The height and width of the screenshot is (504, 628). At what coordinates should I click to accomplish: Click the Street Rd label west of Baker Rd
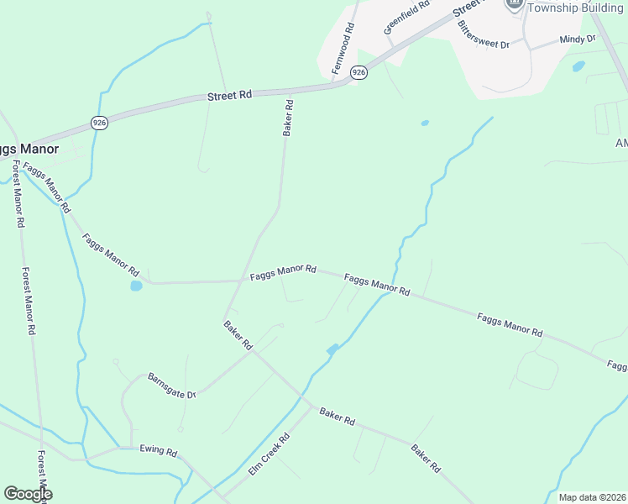pyautogui.click(x=229, y=96)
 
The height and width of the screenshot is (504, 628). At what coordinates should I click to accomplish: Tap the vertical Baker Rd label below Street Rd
pyautogui.click(x=287, y=118)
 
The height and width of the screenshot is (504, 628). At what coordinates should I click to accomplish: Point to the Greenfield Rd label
pyautogui.click(x=406, y=17)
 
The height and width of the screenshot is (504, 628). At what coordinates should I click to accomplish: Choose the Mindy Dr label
pyautogui.click(x=577, y=39)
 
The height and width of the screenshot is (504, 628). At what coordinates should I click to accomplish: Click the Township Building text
pyautogui.click(x=577, y=7)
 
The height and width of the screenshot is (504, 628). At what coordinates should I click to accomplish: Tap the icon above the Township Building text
pyautogui.click(x=514, y=4)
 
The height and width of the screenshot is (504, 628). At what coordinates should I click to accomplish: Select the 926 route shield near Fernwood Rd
pyautogui.click(x=358, y=72)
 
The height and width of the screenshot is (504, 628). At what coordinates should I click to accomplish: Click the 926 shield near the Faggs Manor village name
pyautogui.click(x=99, y=123)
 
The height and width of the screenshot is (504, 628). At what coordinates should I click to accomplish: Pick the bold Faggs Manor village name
pyautogui.click(x=29, y=150)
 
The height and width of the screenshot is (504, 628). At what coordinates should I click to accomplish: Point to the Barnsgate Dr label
pyautogui.click(x=172, y=386)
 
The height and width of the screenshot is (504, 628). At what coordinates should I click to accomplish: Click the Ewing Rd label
pyautogui.click(x=159, y=452)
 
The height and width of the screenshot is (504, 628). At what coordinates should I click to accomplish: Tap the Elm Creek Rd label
pyautogui.click(x=269, y=454)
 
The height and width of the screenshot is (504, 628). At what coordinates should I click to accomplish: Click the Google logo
pyautogui.click(x=28, y=494)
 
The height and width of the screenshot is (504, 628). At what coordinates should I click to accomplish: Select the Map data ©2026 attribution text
pyautogui.click(x=593, y=497)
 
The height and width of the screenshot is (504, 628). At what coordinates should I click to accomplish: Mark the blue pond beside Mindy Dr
pyautogui.click(x=578, y=66)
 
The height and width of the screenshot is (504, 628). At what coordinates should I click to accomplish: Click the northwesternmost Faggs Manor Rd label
pyautogui.click(x=47, y=186)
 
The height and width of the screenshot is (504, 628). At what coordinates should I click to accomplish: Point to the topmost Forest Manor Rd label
pyautogui.click(x=16, y=194)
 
